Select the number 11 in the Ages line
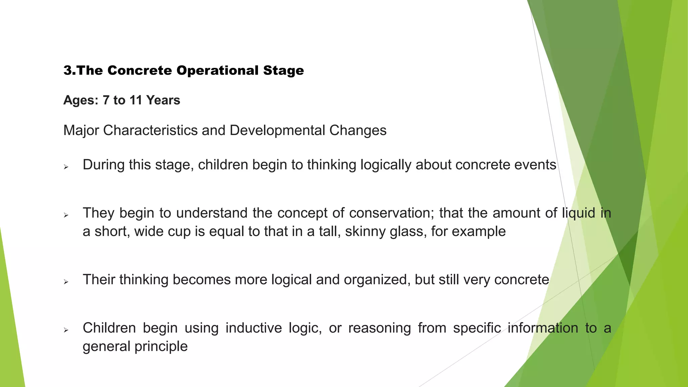point(136,100)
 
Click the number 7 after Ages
point(106,100)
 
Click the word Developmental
point(277,130)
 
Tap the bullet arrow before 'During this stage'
point(66,167)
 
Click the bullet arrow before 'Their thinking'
point(66,282)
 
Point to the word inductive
point(254,328)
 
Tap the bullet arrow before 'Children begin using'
point(66,330)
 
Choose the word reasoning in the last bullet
point(379,328)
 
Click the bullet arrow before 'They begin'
point(66,215)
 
